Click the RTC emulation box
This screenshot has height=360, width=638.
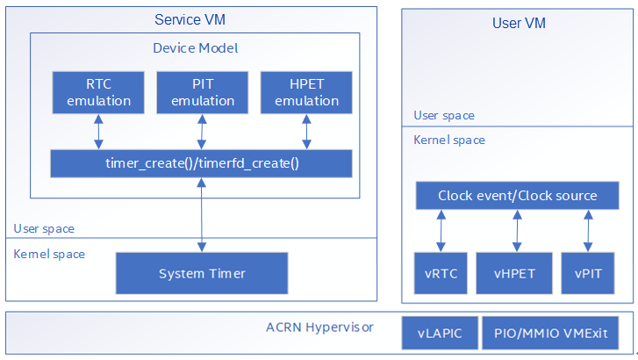(x=98, y=92)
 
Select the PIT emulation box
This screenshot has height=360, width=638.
(x=202, y=92)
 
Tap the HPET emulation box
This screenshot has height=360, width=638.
(x=306, y=92)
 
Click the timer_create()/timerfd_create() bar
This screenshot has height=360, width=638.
(x=202, y=163)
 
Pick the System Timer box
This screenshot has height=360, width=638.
(x=202, y=273)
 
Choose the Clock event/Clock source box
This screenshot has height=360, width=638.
(x=517, y=196)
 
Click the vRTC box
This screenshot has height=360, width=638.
(x=441, y=273)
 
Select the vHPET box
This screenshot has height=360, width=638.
(x=514, y=273)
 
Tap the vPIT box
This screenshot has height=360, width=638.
(x=588, y=273)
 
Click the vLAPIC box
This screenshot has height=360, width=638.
(x=440, y=333)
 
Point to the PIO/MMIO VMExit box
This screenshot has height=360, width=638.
(x=550, y=333)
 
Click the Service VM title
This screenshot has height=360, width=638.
(x=190, y=19)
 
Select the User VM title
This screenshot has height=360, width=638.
(x=519, y=23)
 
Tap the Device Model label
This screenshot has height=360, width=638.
(x=196, y=48)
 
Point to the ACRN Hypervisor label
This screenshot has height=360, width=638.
(x=319, y=328)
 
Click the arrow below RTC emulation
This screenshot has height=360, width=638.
(x=98, y=132)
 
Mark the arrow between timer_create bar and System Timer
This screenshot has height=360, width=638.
(x=202, y=215)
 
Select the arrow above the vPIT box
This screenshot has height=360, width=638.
(x=588, y=231)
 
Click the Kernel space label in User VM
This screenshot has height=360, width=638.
(x=449, y=140)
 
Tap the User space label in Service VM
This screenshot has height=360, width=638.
(x=44, y=229)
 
